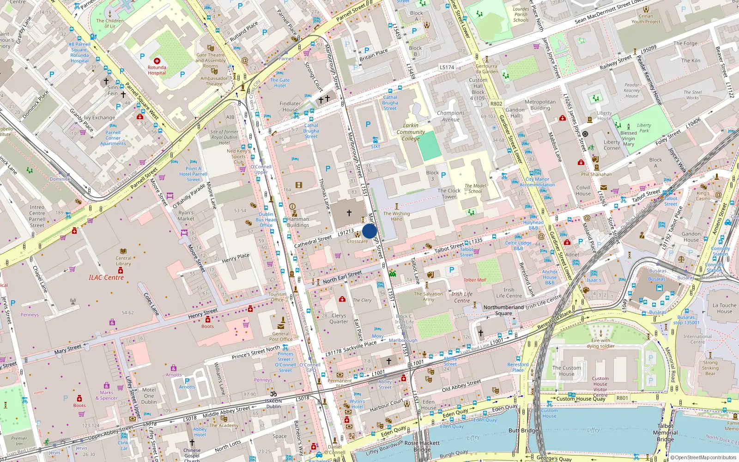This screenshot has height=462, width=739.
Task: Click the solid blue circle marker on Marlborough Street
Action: point(369,231)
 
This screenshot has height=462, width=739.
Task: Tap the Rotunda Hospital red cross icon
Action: point(157,61)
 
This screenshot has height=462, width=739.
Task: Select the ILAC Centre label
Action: point(106,278)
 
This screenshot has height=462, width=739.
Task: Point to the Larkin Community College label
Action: point(411,132)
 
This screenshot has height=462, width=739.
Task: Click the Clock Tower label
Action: point(449,194)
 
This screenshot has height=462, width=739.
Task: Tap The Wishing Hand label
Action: point(396,216)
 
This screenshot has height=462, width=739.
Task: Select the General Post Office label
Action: point(281,336)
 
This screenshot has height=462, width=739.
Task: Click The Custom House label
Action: point(567,371)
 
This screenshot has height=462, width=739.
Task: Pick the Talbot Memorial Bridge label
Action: point(666,432)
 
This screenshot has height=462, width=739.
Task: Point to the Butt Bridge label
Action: point(524,431)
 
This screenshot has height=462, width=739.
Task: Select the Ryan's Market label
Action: point(186,216)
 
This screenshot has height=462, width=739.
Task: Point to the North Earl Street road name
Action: point(342,277)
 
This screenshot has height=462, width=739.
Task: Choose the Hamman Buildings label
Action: point(298,222)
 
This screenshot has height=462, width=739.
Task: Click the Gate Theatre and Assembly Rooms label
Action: point(211,60)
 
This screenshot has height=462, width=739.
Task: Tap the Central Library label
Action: point(123,261)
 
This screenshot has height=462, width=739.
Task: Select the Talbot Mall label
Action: point(475,280)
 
